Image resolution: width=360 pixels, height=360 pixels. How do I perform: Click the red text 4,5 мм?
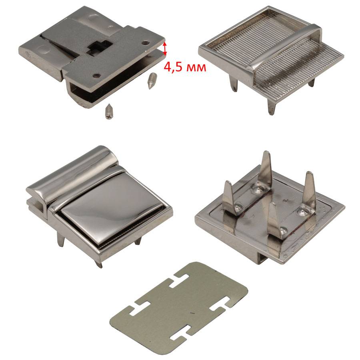pos(185,67)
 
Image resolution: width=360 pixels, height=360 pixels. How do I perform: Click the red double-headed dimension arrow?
pos(165,48)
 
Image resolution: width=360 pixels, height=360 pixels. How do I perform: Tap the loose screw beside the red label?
pos(151,80)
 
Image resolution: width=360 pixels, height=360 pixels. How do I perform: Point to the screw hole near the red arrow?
pos(145,43)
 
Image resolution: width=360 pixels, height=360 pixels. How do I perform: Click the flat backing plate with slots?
pos(179,308)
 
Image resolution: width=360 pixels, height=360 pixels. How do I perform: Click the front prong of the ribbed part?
pos(272,106)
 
